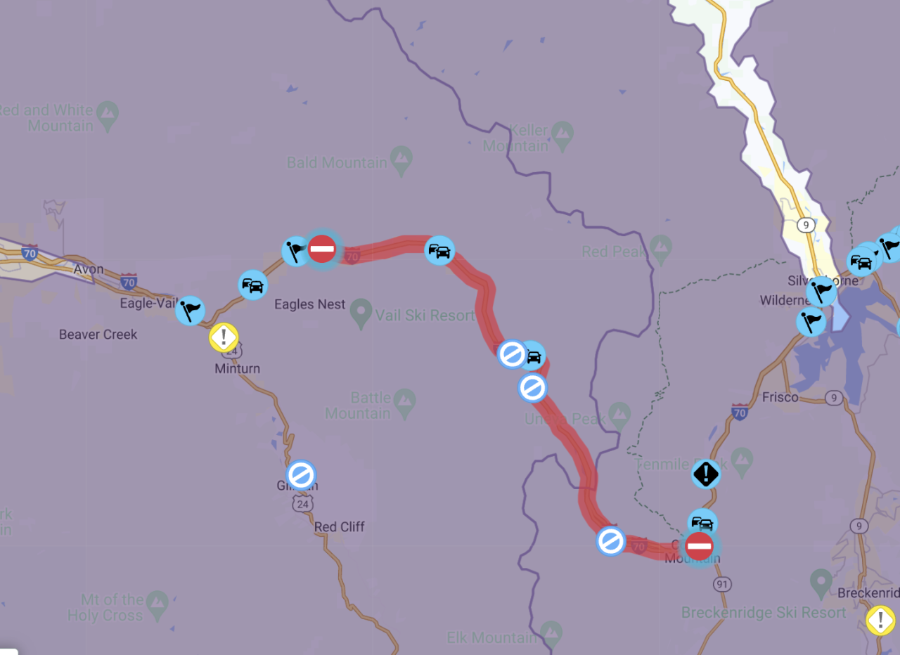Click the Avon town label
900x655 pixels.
pyautogui.click(x=89, y=269)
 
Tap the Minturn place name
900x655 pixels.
pyautogui.click(x=237, y=368)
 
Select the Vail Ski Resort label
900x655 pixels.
pyautogui.click(x=425, y=316)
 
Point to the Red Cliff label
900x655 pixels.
pyautogui.click(x=339, y=526)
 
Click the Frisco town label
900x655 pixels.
pyautogui.click(x=780, y=397)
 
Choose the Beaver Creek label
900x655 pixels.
pyautogui.click(x=98, y=335)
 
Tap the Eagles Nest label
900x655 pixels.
pyautogui.click(x=309, y=304)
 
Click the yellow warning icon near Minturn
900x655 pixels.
pyautogui.click(x=224, y=337)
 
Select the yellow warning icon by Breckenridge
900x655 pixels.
pyautogui.click(x=880, y=620)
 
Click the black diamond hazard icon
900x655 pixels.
pyautogui.click(x=705, y=474)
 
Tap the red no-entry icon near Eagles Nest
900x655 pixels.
pyautogui.click(x=322, y=249)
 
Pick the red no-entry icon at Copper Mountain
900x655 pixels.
pyautogui.click(x=699, y=546)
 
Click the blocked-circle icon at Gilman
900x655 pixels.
pyautogui.click(x=301, y=475)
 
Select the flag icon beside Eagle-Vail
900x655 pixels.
pyautogui.click(x=190, y=310)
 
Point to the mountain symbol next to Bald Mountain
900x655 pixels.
pyautogui.click(x=401, y=161)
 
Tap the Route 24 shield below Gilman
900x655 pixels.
pyautogui.click(x=303, y=504)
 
